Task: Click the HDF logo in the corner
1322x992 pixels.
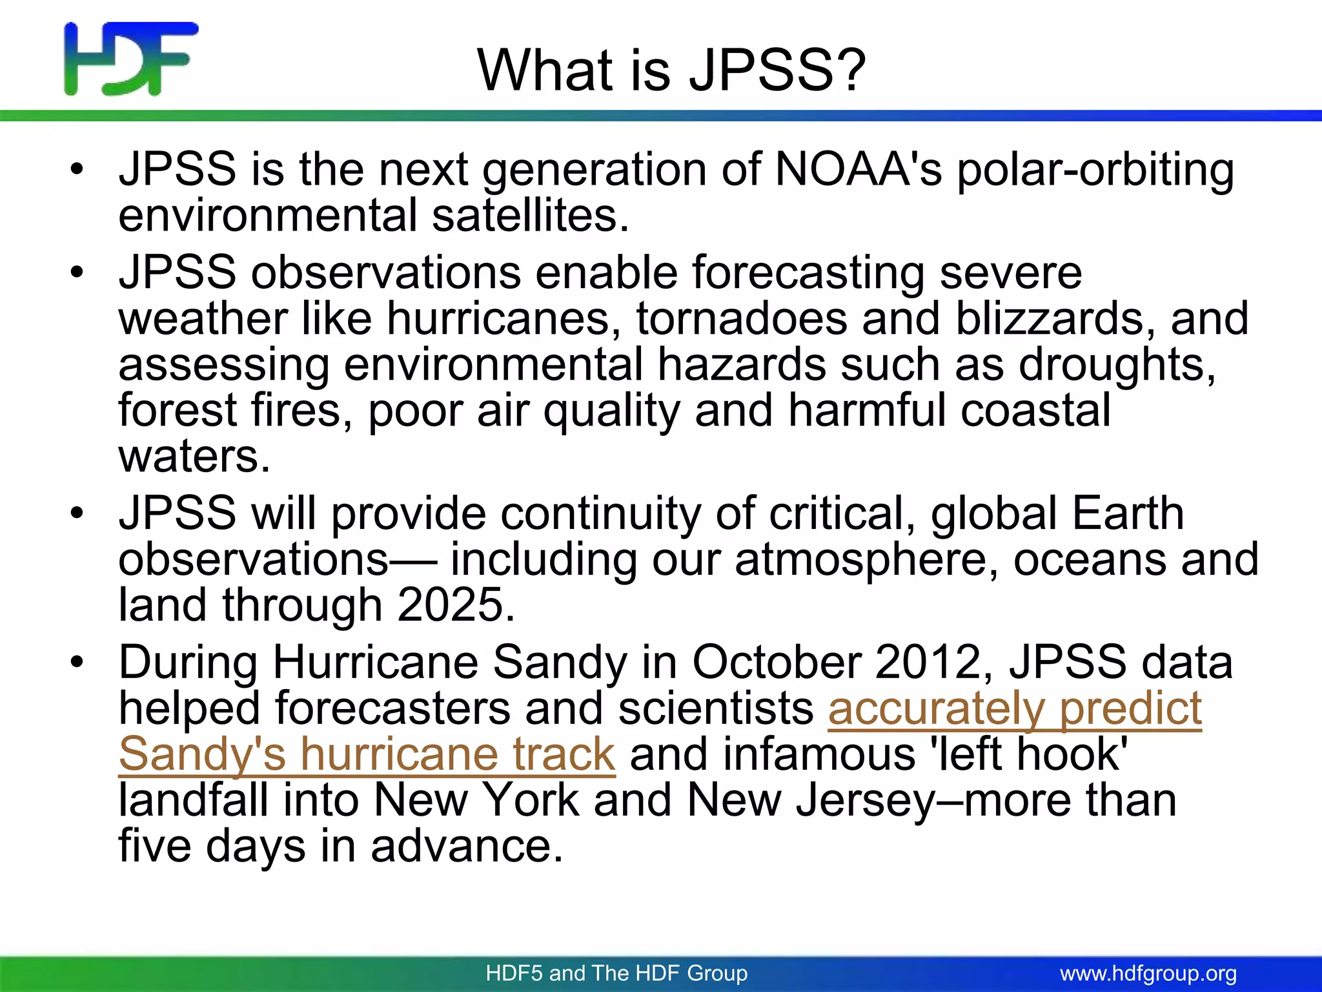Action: coord(131,59)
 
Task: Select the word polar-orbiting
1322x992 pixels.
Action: coord(1095,170)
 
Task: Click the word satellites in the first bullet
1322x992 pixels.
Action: coord(530,215)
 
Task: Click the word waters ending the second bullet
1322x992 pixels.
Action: coord(194,457)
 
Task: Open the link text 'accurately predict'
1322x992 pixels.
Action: coord(1014,709)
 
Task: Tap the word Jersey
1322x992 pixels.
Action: coord(864,801)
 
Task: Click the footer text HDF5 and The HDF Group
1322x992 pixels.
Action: coord(616,973)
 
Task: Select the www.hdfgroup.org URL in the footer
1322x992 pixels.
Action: coord(1148,973)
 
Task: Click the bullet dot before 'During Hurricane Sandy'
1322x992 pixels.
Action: coord(78,663)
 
